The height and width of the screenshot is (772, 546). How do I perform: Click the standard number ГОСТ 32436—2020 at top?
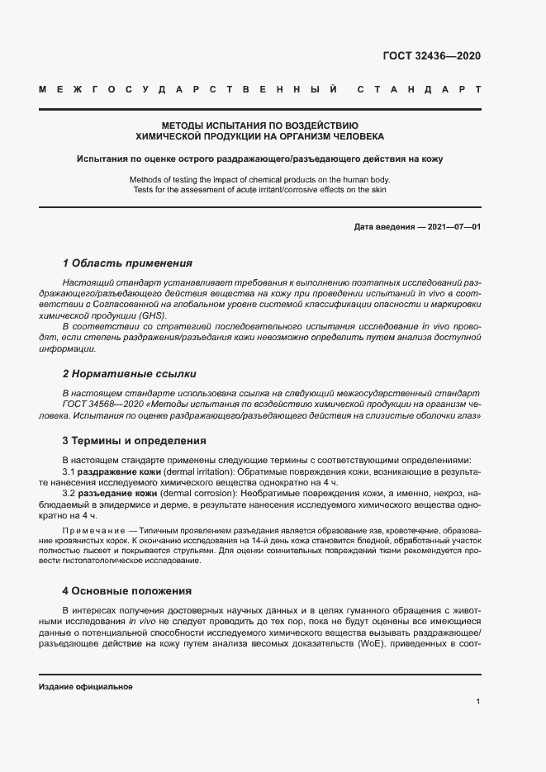pos(431,56)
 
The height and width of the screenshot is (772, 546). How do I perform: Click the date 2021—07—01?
pos(451,226)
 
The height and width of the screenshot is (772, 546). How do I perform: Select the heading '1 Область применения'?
pos(127,263)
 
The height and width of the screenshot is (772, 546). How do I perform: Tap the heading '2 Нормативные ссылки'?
pos(129,374)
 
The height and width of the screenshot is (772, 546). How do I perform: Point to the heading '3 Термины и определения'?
pos(135,440)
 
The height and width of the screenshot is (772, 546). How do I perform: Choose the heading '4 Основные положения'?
pos(127,590)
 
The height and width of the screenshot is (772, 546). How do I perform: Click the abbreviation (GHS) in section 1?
pos(152,316)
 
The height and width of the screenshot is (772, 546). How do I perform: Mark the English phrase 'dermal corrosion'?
pos(196,492)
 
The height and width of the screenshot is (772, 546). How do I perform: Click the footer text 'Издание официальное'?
pos(86,687)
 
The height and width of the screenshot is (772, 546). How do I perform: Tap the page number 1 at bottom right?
pos(478,702)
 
